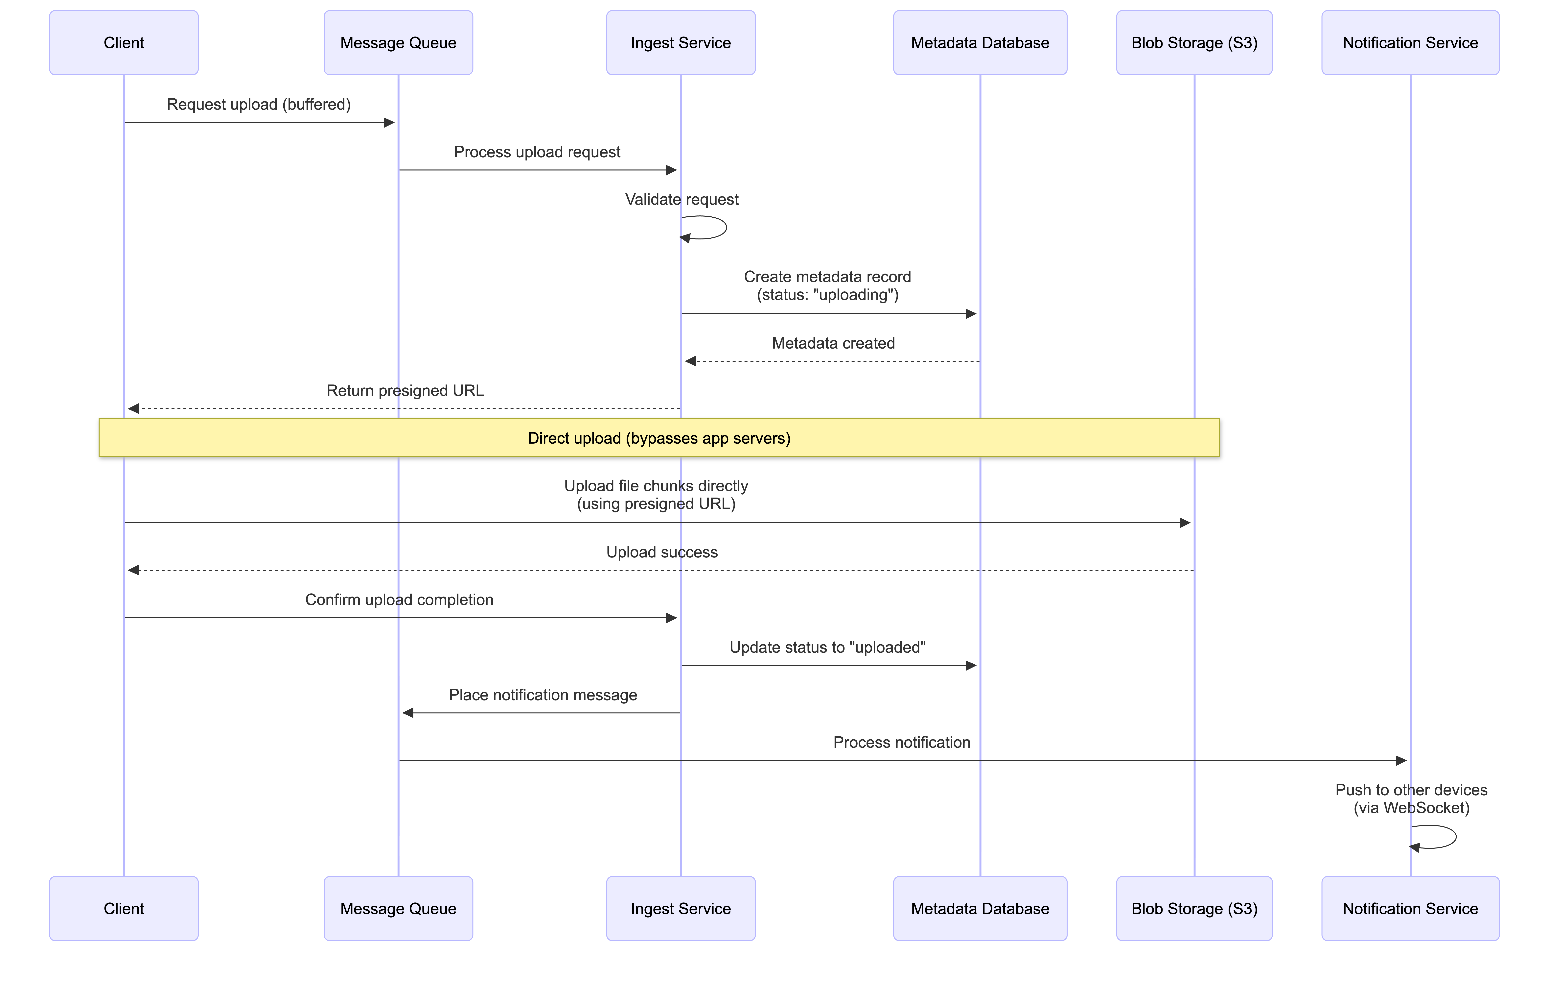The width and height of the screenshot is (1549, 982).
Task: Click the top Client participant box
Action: tap(124, 42)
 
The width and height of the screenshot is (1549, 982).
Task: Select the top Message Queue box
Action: tap(398, 42)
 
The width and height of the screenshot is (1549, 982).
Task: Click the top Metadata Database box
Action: tap(980, 42)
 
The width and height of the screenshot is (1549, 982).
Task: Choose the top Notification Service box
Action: tap(1410, 42)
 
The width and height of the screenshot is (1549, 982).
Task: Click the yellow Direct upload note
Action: tap(659, 438)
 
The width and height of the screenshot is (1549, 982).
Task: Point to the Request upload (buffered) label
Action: tap(259, 104)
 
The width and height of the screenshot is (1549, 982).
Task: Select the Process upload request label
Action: tap(537, 152)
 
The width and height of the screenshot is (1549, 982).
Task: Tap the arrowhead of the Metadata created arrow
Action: tap(690, 361)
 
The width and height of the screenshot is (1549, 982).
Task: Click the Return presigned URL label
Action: tap(405, 391)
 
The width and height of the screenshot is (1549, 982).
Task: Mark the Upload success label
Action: tap(662, 552)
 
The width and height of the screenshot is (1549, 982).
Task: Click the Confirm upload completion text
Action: tap(399, 600)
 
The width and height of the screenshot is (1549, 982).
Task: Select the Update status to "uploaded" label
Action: tap(827, 647)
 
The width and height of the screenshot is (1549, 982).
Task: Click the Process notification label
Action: tap(901, 743)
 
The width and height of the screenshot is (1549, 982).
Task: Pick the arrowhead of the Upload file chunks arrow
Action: tap(1185, 523)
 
